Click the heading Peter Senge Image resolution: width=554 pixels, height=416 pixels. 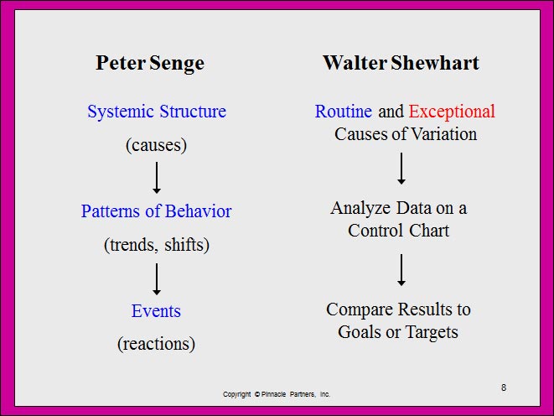click(x=150, y=64)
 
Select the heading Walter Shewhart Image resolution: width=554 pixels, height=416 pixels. click(x=401, y=63)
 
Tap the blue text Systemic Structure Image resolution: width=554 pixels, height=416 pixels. click(x=157, y=112)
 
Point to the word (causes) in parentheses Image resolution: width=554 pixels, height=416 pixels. click(x=157, y=145)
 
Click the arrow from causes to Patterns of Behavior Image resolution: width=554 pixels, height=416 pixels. click(x=157, y=178)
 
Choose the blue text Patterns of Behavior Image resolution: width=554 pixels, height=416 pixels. click(x=156, y=211)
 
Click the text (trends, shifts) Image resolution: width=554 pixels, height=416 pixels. click(x=157, y=245)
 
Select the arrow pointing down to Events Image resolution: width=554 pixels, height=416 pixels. click(x=157, y=279)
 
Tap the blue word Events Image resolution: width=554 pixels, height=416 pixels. click(x=156, y=311)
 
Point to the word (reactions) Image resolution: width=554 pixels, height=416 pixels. click(x=156, y=344)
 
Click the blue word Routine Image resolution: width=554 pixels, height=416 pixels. click(x=344, y=112)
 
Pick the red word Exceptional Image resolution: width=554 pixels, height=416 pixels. click(x=452, y=112)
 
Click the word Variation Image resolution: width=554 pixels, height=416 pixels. click(x=444, y=134)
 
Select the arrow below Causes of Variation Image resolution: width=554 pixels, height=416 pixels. click(x=401, y=169)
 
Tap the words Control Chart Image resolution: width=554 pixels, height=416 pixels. click(x=399, y=231)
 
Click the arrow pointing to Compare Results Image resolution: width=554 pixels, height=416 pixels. click(x=401, y=270)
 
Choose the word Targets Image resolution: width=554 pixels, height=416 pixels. click(x=432, y=333)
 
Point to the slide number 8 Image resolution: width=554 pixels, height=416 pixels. click(x=504, y=387)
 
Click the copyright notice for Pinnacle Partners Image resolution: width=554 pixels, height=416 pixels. click(x=277, y=394)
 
